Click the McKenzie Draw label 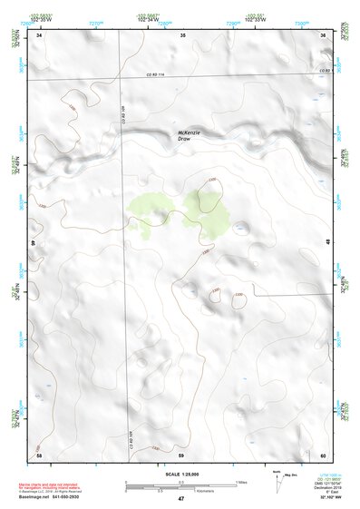[x=190, y=135]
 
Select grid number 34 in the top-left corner [x=39, y=34]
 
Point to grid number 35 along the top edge [x=182, y=34]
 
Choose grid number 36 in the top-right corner [x=324, y=34]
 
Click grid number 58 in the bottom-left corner [x=39, y=453]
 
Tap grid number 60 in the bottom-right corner [x=324, y=453]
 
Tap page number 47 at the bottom [x=180, y=500]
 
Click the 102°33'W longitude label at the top [x=281, y=18]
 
